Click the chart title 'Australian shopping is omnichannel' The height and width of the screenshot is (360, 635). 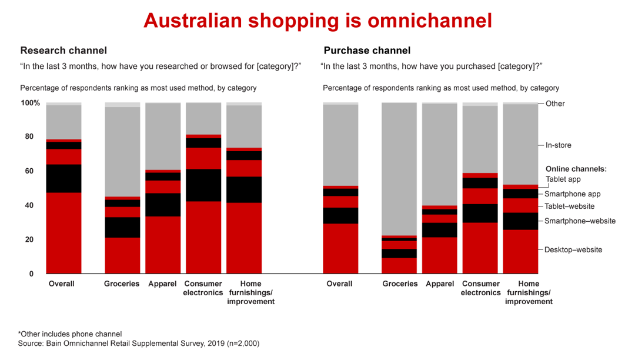coord(317,21)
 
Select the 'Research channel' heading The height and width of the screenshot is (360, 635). coord(63,51)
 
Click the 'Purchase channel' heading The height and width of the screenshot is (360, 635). coord(367,51)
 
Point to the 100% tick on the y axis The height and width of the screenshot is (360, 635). coord(31,103)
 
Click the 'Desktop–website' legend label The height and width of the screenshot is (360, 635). coord(573,249)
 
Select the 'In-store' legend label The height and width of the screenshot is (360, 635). coord(558,145)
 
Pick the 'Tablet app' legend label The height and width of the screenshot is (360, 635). coord(563,179)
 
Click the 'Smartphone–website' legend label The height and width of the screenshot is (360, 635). coord(580,221)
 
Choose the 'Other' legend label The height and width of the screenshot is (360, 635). coord(555,104)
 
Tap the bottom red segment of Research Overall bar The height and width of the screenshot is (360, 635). coord(63,233)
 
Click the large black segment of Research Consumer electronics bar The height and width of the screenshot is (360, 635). coord(203,185)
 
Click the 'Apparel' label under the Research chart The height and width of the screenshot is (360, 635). coord(163,284)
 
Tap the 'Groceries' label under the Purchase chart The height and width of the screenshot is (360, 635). coord(400,284)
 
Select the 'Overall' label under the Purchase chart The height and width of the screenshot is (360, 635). coord(340,284)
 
